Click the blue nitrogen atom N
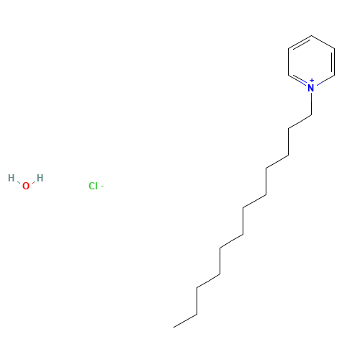coord(311,88)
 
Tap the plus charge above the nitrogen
coord(312,80)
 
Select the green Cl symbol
coord(93,186)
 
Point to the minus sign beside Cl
coord(102,186)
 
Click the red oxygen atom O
coord(26,186)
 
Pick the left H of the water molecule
coord(11,178)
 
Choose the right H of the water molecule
coord(40,178)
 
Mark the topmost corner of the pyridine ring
coord(311,35)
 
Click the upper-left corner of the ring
coord(288,49)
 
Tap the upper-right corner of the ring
coord(334,49)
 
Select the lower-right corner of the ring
coord(334,75)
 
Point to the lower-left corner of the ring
coord(288,75)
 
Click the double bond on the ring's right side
coord(333,62)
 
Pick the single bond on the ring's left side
coord(288,62)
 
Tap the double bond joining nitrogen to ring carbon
coord(297,80)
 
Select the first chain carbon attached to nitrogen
coord(311,115)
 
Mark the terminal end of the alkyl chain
coord(174,327)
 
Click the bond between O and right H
coord(33,183)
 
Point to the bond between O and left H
coord(19,183)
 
